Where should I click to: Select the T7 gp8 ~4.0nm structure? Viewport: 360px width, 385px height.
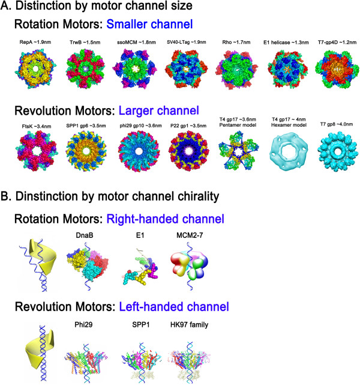pyautogui.click(x=331, y=162)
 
